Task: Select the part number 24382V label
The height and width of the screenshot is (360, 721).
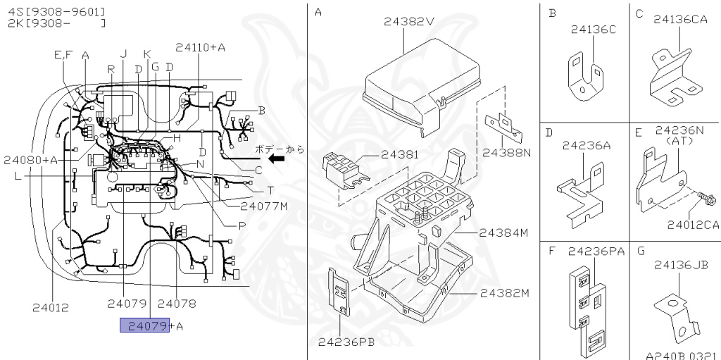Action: click(x=408, y=21)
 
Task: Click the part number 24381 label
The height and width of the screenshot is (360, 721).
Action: click(x=399, y=154)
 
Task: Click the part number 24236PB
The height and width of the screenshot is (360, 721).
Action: click(x=345, y=342)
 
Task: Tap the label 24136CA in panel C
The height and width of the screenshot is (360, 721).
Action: click(x=680, y=20)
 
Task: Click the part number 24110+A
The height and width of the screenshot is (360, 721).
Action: click(x=200, y=47)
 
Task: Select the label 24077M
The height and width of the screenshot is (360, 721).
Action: click(x=264, y=206)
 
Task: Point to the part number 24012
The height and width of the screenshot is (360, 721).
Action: click(x=51, y=306)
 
